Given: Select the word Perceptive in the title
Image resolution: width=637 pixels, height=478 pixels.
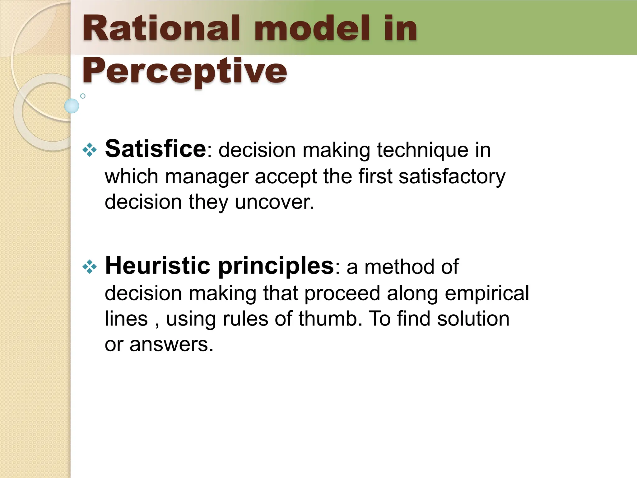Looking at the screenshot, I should point(184,71).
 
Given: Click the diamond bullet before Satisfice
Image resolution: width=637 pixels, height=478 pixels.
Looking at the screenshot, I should point(90,150).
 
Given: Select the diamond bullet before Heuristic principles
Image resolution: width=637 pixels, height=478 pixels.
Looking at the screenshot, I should point(90,267).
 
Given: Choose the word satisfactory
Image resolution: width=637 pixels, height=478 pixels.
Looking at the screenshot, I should point(452,177).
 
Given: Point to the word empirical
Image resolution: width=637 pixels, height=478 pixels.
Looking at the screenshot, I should point(486,293).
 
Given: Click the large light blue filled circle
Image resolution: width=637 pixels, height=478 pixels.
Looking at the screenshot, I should point(72,106).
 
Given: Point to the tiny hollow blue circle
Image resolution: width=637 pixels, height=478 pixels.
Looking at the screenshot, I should point(83,96).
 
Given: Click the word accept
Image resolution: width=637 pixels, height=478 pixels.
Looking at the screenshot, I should point(286,177).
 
